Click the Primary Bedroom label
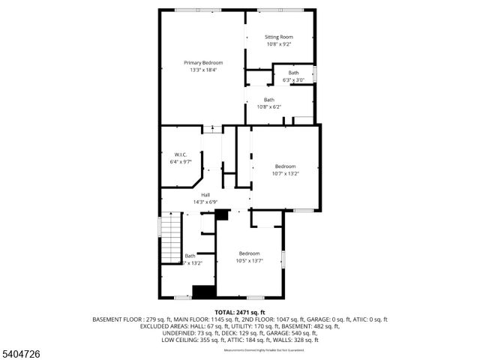pyautogui.click(x=202, y=62)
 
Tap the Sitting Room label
pyautogui.click(x=279, y=37)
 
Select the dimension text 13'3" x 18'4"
pyautogui.click(x=202, y=70)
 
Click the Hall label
pyautogui.click(x=205, y=195)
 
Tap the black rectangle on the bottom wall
pyautogui.click(x=203, y=291)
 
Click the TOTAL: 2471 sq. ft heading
pyautogui.click(x=240, y=312)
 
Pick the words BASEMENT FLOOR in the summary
pyautogui.click(x=116, y=319)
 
